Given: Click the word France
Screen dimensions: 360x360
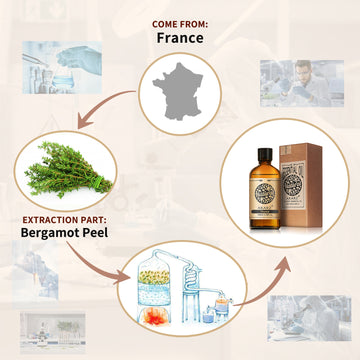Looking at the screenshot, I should (x=180, y=39).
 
